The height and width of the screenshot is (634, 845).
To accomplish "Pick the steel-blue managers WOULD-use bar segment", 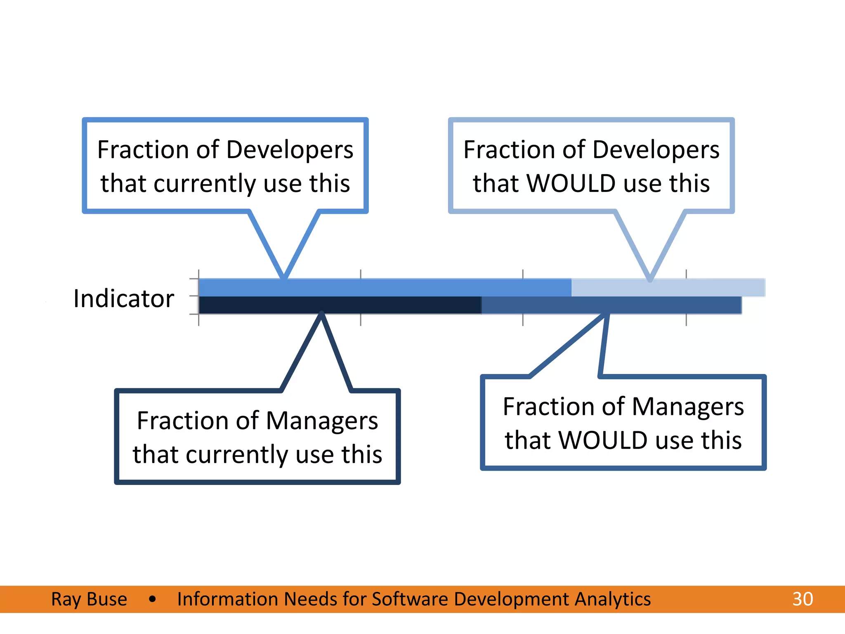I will click(x=611, y=305).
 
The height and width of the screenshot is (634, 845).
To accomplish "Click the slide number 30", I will click(x=802, y=599).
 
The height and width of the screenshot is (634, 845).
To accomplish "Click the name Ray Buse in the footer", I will click(x=89, y=599).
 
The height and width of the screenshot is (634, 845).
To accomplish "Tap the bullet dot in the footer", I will click(x=152, y=599).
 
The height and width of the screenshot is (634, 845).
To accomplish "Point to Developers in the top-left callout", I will click(x=290, y=150).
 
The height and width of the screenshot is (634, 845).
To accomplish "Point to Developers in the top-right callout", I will click(x=656, y=150).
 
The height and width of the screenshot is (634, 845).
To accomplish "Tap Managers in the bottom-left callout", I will click(x=322, y=421).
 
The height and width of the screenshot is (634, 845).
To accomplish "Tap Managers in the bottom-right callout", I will click(x=688, y=407).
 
